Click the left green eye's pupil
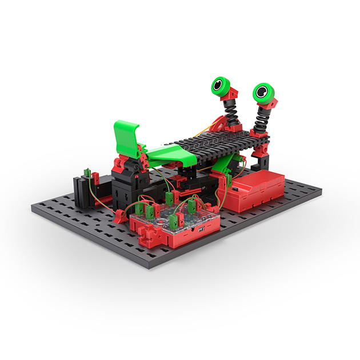pyautogui.click(x=218, y=87)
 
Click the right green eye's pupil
pyautogui.click(x=262, y=91)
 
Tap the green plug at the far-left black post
pyautogui.click(x=86, y=173)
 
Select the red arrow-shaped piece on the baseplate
pyautogui.click(x=119, y=217)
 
